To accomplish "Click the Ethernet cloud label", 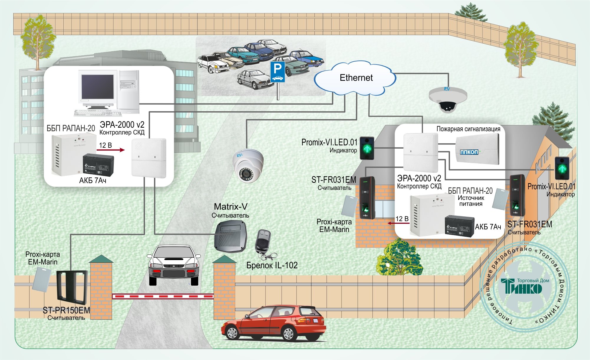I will pos(356,78).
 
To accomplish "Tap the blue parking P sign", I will pos(278,72).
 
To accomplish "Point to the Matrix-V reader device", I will pos(231,236).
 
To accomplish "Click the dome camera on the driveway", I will pos(248,165).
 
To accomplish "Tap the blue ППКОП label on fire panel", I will pos(469,152).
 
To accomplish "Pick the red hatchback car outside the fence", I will pos(274,323).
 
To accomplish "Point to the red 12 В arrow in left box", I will pos(111,150).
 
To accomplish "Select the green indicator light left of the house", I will pos(367,148).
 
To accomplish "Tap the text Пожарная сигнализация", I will pos(468,129).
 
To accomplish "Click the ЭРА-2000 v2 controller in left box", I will pos(149,158).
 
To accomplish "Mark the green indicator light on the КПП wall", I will pos(562,168).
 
